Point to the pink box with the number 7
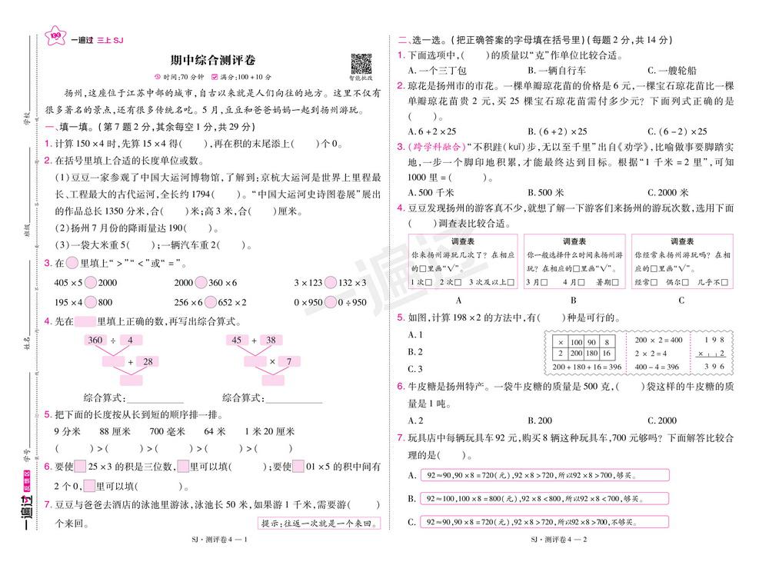[288, 361]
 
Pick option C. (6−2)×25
[677, 131]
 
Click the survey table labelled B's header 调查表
[574, 241]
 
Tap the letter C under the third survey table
[681, 301]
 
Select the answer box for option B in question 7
[544, 499]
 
